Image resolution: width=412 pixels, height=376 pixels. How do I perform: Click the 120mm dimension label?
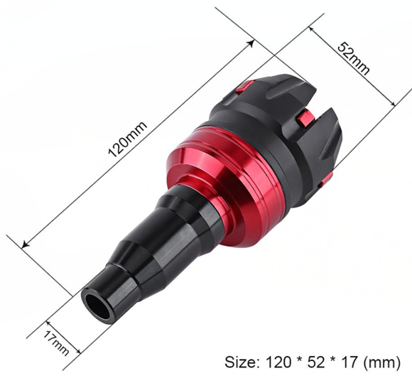(128, 139)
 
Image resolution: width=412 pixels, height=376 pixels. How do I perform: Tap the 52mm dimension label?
(354, 58)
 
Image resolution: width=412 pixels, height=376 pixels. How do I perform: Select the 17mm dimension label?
(56, 343)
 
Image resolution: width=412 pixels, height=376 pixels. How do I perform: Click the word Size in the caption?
(240, 362)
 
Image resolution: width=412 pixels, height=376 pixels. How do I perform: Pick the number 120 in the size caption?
(278, 362)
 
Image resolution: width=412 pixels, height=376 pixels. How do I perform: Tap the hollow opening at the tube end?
(98, 304)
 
